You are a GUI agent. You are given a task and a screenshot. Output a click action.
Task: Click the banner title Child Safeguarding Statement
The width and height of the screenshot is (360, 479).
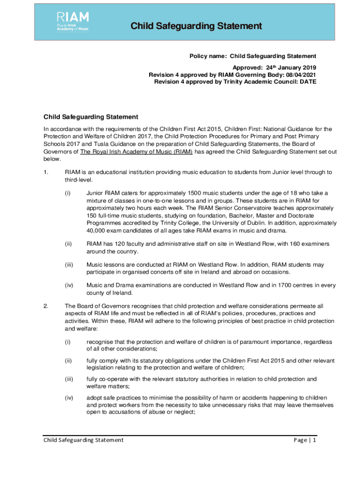click(x=196, y=26)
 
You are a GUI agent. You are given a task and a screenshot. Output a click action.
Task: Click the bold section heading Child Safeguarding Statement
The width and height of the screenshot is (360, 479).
click(x=91, y=116)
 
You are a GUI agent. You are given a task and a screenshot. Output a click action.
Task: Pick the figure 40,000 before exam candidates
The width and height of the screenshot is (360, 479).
click(x=98, y=230)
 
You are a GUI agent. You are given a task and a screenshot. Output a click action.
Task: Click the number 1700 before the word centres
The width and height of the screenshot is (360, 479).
click(x=270, y=285)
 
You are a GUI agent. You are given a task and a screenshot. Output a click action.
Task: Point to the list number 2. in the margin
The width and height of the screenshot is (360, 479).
click(x=46, y=305)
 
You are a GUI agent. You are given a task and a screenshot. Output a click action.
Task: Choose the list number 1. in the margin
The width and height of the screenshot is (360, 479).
click(x=46, y=172)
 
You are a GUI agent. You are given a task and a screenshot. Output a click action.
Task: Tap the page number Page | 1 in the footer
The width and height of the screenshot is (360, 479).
click(x=305, y=440)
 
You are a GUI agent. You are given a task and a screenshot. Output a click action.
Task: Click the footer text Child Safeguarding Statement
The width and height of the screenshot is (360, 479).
click(x=84, y=440)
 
